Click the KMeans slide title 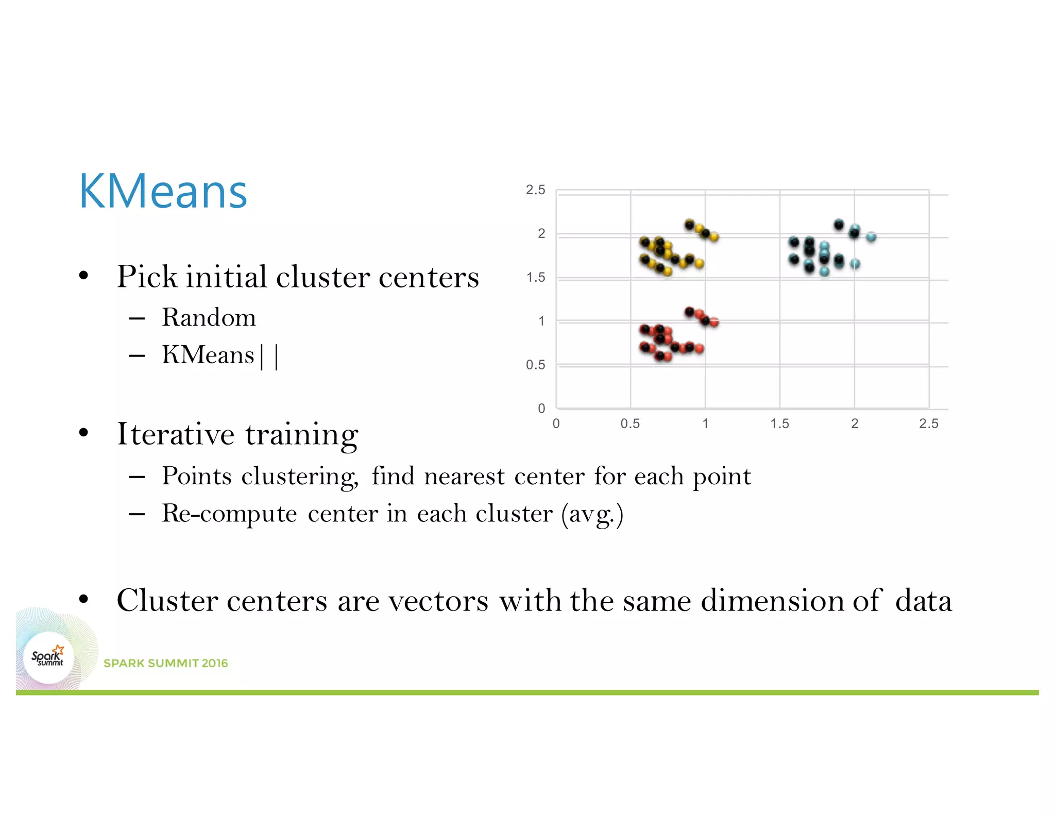pyautogui.click(x=163, y=192)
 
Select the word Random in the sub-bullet pyautogui.click(x=209, y=317)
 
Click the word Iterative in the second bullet pyautogui.click(x=176, y=434)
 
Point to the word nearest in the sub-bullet pyautogui.click(x=464, y=476)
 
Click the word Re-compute pyautogui.click(x=229, y=514)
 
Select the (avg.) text pyautogui.click(x=592, y=514)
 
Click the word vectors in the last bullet pyautogui.click(x=438, y=601)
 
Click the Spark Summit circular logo pyautogui.click(x=48, y=658)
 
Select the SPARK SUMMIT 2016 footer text pyautogui.click(x=165, y=663)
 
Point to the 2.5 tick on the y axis pyautogui.click(x=535, y=190)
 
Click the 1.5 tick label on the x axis pyautogui.click(x=779, y=423)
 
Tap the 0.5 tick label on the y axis pyautogui.click(x=535, y=365)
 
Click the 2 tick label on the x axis pyautogui.click(x=855, y=423)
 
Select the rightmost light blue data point pyautogui.click(x=871, y=237)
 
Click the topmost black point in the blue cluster pyautogui.click(x=839, y=225)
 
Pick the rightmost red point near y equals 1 pyautogui.click(x=714, y=322)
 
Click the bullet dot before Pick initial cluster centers pyautogui.click(x=84, y=276)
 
